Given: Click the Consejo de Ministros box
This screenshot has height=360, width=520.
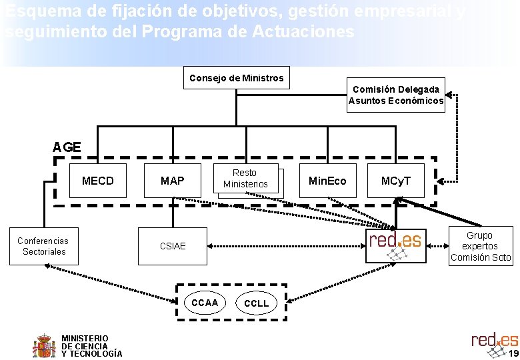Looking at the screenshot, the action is pos(236,78).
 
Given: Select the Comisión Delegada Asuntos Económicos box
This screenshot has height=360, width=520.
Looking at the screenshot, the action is pos(396,95).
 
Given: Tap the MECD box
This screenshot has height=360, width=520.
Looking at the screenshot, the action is pos(98,181).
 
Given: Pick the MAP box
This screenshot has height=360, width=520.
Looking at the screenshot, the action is pos(172,181).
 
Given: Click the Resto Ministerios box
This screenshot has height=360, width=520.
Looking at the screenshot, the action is pos(245,179).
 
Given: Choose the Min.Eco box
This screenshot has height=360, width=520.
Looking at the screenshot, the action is pos(327,181).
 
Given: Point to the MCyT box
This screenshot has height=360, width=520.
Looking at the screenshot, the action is pos(396,181).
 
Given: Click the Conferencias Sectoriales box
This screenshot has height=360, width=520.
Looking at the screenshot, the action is pos(43,246).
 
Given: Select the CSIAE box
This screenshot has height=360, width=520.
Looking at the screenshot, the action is pos(173,246).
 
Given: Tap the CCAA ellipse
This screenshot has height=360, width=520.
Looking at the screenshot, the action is pos(205,303).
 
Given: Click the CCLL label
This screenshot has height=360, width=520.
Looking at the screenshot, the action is pos(257,303).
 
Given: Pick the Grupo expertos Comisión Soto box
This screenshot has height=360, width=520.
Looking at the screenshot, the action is pos(480,246).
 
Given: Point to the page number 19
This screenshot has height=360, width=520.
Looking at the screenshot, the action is pos(513,353).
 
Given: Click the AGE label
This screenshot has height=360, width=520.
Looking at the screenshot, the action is pos(67,147).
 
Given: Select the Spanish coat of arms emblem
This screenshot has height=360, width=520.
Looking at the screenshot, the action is pos(45,345).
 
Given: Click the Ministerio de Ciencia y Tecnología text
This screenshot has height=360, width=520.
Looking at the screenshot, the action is pos(91,346).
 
